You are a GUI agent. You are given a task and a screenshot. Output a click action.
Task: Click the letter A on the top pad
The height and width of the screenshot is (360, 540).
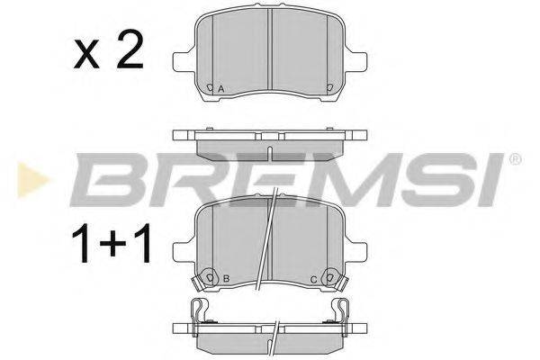[x=221, y=89]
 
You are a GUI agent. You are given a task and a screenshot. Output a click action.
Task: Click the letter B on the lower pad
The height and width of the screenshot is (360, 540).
[x=226, y=279]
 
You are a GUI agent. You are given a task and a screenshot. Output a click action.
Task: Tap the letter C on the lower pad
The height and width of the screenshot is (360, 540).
[x=313, y=280]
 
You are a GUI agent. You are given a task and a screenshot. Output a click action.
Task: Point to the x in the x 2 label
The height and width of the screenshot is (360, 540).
[x=86, y=54]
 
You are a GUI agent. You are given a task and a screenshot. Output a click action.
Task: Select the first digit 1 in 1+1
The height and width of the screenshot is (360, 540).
[x=82, y=243]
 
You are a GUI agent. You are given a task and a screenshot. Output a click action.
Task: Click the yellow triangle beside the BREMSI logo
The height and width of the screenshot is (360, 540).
[x=32, y=180]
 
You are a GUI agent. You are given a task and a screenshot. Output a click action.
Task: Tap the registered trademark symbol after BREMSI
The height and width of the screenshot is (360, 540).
[x=516, y=159]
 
